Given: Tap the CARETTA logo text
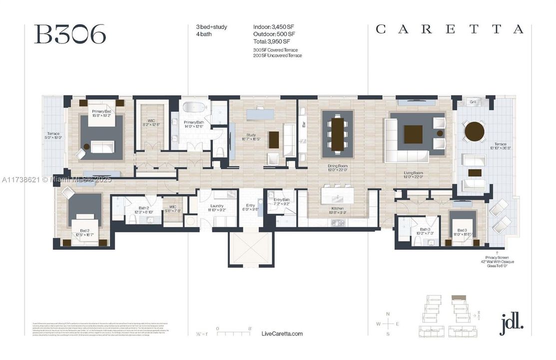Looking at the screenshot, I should coord(449,29).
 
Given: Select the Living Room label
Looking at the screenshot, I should coord(413,173).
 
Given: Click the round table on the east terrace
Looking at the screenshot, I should coord(474,131).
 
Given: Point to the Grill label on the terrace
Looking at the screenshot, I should coord(473,102).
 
